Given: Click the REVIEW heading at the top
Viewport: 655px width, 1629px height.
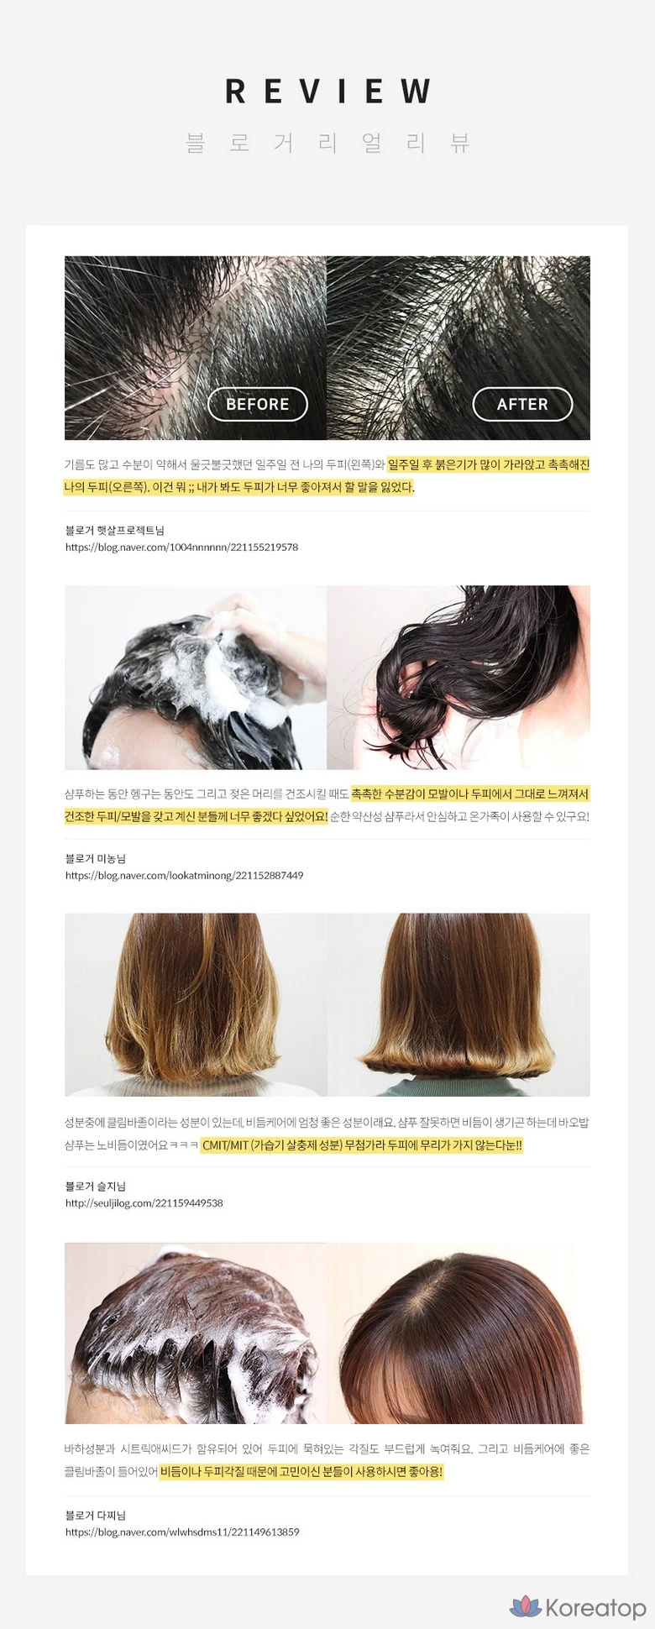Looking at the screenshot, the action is [x=327, y=92].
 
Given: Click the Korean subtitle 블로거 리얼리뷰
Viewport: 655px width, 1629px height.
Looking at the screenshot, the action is [x=327, y=143].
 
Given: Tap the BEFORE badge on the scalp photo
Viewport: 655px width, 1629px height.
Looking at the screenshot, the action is [x=257, y=404].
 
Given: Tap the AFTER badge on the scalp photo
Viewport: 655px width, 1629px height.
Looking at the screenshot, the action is [x=522, y=404].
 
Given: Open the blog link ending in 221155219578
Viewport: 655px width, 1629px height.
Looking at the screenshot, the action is [x=182, y=547].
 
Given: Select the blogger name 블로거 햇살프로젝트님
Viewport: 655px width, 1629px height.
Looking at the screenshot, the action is [x=115, y=530].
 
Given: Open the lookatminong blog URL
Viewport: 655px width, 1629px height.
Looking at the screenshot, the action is [x=185, y=875].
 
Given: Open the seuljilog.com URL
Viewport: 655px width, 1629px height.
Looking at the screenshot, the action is [x=144, y=1202].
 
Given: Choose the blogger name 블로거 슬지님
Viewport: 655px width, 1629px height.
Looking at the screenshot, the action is [x=96, y=1186].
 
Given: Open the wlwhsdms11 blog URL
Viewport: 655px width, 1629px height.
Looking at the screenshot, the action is [x=182, y=1532].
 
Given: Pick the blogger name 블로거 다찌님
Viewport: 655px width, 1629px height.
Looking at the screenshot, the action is [x=96, y=1515].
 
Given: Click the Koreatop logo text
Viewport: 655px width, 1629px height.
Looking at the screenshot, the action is [x=595, y=1607].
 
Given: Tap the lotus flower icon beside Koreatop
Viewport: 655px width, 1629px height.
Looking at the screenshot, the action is [x=526, y=1606].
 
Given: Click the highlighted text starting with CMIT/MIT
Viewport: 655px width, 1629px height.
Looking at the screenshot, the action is [x=362, y=1144].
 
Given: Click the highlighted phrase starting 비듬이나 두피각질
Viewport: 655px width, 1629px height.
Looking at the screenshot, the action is [x=301, y=1471].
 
